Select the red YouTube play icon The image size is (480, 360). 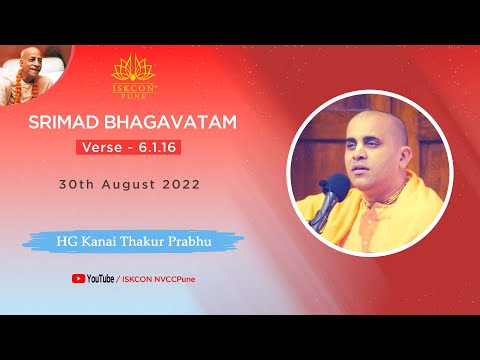77,279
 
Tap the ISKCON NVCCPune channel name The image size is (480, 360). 161,279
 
